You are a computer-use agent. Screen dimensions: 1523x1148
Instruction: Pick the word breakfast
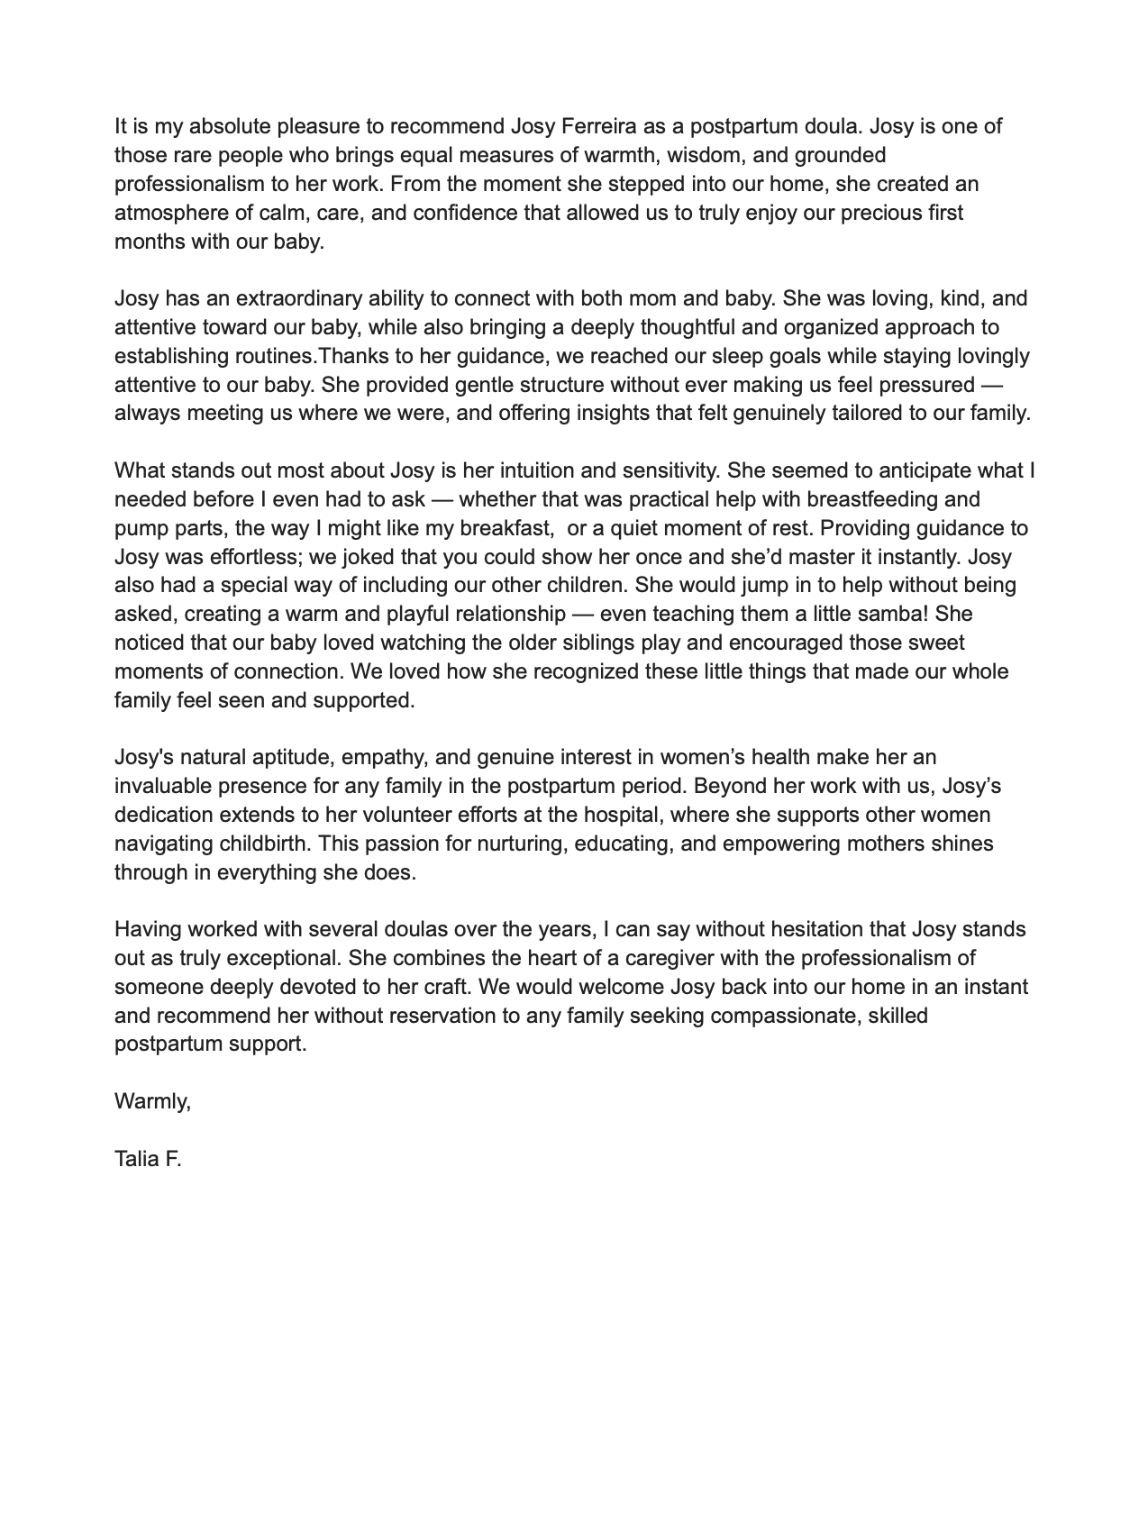pos(506,528)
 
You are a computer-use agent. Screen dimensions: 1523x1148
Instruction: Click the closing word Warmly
pos(152,1101)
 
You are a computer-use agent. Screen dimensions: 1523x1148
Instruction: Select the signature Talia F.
pos(148,1159)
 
